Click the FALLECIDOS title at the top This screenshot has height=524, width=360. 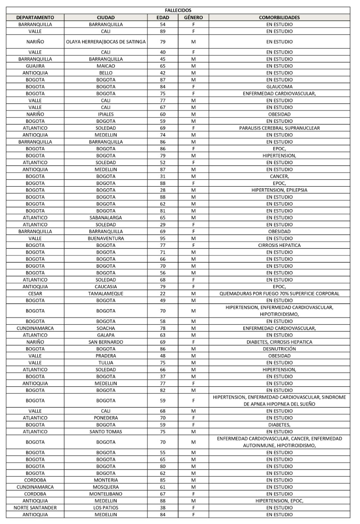[181, 10]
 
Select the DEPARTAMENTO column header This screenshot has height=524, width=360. [35, 17]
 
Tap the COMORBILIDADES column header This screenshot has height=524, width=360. [279, 17]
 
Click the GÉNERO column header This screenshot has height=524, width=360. [193, 17]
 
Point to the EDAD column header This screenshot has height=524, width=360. [163, 17]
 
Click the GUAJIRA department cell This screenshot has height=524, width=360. [35, 66]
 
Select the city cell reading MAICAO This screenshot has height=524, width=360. [106, 66]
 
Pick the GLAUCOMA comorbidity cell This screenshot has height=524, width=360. [279, 87]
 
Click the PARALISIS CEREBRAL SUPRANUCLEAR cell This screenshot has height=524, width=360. [279, 128]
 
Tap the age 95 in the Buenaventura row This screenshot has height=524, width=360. [163, 238]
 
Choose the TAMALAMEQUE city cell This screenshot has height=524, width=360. [106, 294]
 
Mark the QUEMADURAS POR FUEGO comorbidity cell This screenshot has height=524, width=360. [279, 294]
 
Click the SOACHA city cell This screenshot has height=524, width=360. [106, 328]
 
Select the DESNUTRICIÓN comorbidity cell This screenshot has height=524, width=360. [279, 349]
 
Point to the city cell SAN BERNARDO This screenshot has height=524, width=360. [106, 342]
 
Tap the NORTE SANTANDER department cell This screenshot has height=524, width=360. [35, 508]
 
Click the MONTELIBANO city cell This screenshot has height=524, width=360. [106, 494]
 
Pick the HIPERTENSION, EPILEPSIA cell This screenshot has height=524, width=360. [279, 190]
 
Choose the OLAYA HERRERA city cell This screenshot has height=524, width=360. [106, 42]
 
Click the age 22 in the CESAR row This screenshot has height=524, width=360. [163, 294]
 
